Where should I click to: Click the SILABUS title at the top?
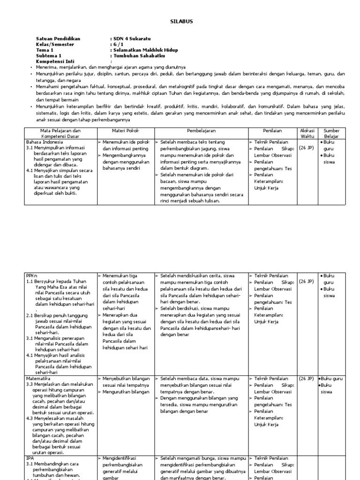pyautogui.click(x=180, y=22)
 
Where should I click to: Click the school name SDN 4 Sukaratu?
pyautogui.click(x=125, y=38)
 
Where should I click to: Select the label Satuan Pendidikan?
pyautogui.click(x=58, y=38)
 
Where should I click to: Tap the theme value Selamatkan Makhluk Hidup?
pyautogui.click(x=144, y=50)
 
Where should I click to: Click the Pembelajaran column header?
pyautogui.click(x=201, y=130)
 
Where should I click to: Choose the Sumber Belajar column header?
pyautogui.click(x=331, y=133)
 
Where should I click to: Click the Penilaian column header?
pyautogui.click(x=272, y=130)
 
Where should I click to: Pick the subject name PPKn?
pyautogui.click(x=31, y=276)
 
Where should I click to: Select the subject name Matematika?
pyautogui.click(x=37, y=378)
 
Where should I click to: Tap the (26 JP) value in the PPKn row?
pyautogui.click(x=306, y=282)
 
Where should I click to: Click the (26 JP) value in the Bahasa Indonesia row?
pyautogui.click(x=306, y=147)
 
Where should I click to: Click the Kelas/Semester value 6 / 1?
pyautogui.click(x=116, y=44)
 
